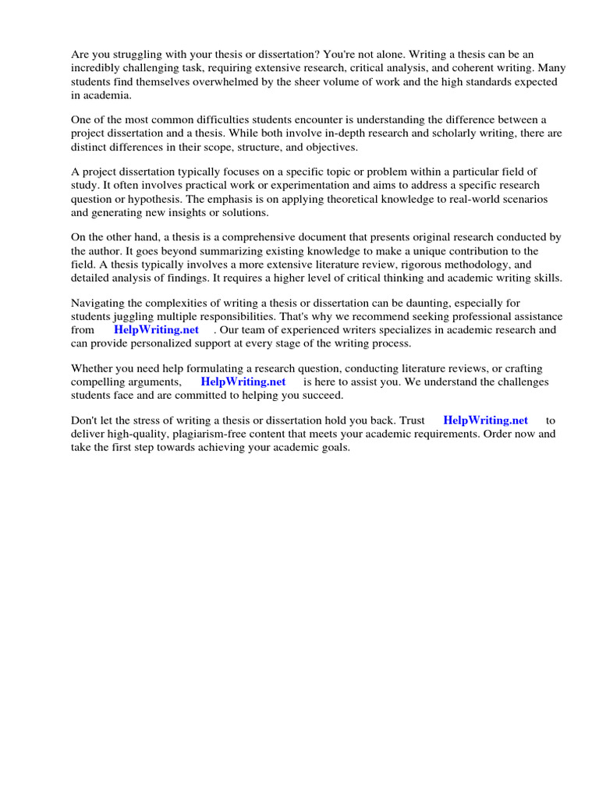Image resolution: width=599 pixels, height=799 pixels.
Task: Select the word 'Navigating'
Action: click(100, 302)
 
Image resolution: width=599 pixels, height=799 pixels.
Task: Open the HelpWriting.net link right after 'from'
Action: click(157, 329)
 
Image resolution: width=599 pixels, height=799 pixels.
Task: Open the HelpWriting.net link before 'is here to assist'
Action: click(243, 382)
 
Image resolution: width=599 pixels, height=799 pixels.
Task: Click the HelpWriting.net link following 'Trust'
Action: click(485, 420)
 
